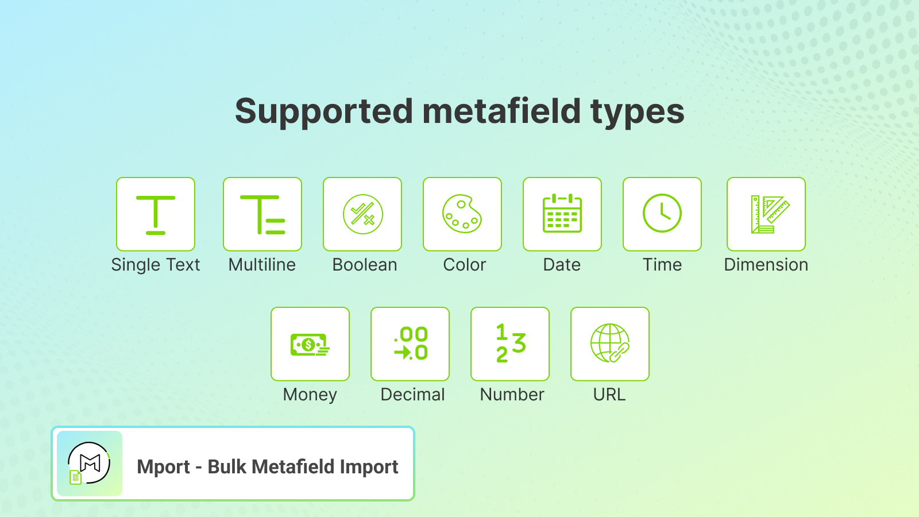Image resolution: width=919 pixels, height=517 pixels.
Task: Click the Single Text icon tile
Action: tap(156, 214)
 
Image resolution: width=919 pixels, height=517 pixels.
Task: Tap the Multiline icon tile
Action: tap(262, 214)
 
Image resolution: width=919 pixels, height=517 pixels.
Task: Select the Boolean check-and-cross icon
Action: tap(362, 214)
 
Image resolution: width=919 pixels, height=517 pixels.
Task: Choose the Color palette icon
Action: tap(462, 214)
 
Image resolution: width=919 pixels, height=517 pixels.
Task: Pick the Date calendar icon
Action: tap(562, 213)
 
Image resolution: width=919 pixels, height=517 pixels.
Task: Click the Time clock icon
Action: tap(662, 213)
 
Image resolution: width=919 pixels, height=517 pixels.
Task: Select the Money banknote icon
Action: tap(310, 345)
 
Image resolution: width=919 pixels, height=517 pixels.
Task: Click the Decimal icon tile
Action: tap(410, 344)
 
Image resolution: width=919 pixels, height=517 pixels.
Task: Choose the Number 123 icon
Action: tap(511, 343)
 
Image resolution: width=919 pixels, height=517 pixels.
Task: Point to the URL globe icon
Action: tap(610, 343)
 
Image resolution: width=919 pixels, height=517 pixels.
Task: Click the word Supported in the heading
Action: tap(324, 111)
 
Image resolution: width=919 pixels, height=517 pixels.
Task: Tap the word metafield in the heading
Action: tap(501, 111)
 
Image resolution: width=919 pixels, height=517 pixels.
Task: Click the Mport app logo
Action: tap(90, 464)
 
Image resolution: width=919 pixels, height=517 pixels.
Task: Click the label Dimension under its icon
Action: tap(766, 265)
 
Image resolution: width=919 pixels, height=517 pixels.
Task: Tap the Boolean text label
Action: tap(364, 265)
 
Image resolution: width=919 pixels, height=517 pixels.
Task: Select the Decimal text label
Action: tap(412, 394)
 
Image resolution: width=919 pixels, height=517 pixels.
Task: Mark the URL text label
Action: tap(609, 394)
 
